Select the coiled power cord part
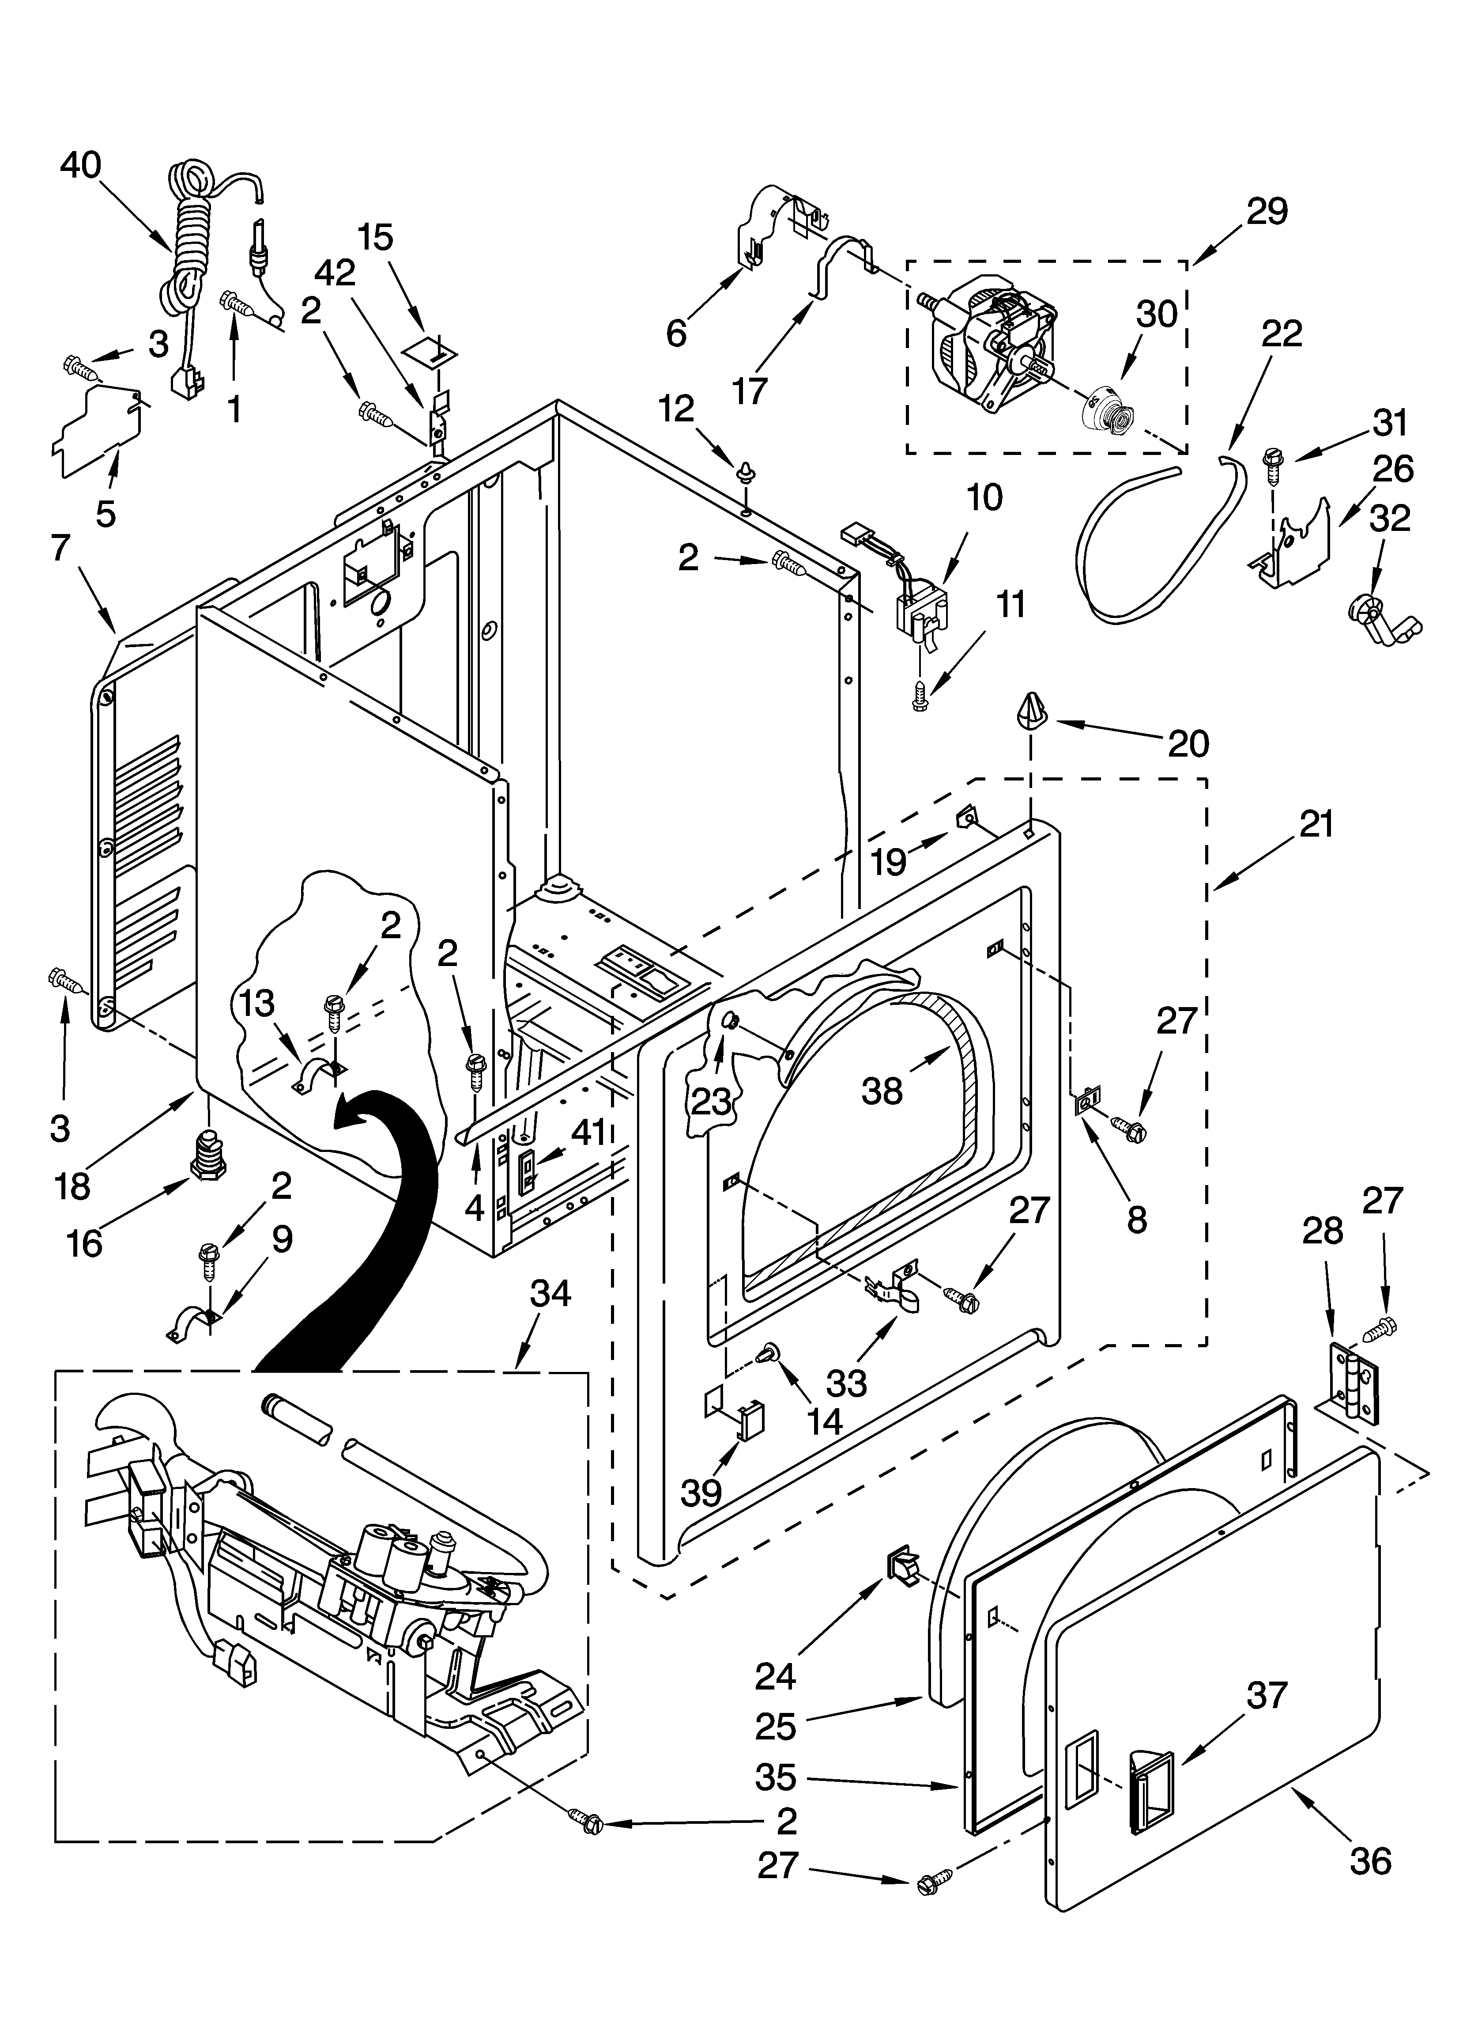click(191, 243)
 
